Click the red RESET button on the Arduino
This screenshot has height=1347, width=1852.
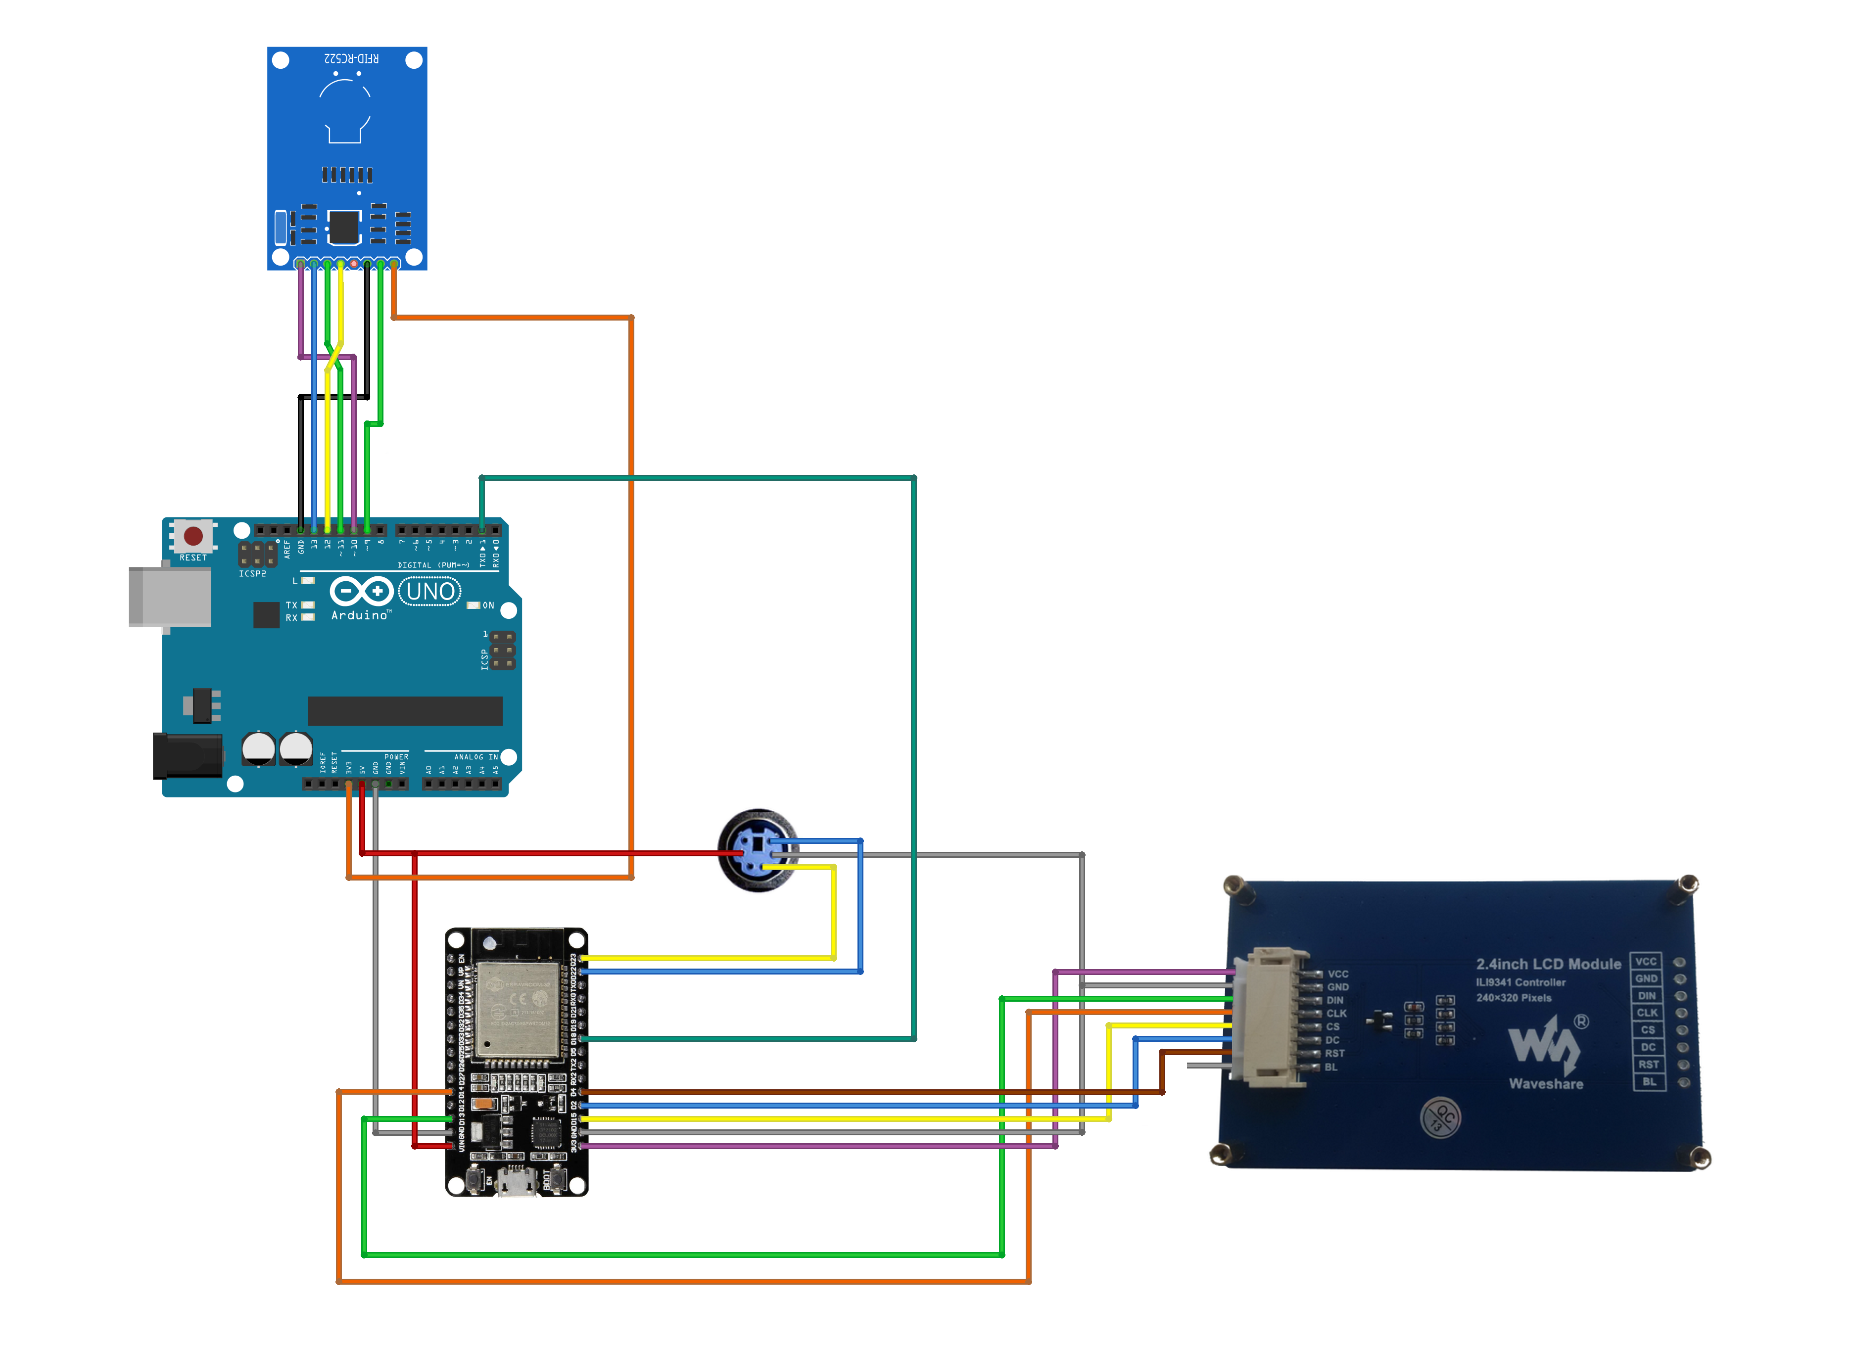tap(193, 536)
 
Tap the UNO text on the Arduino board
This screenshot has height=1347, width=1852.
tap(430, 591)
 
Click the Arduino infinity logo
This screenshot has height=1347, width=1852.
tap(361, 591)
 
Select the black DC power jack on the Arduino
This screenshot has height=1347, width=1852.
tap(188, 756)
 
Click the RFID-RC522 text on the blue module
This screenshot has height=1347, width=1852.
tap(351, 59)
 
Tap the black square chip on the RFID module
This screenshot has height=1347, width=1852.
tap(344, 228)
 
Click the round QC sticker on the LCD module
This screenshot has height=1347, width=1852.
tap(1440, 1117)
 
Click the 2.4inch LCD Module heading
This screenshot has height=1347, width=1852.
tap(1548, 964)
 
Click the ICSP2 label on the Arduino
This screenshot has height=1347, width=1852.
tap(252, 574)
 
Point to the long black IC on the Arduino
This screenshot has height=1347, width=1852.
tap(405, 711)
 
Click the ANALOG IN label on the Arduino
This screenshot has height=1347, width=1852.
tap(475, 757)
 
